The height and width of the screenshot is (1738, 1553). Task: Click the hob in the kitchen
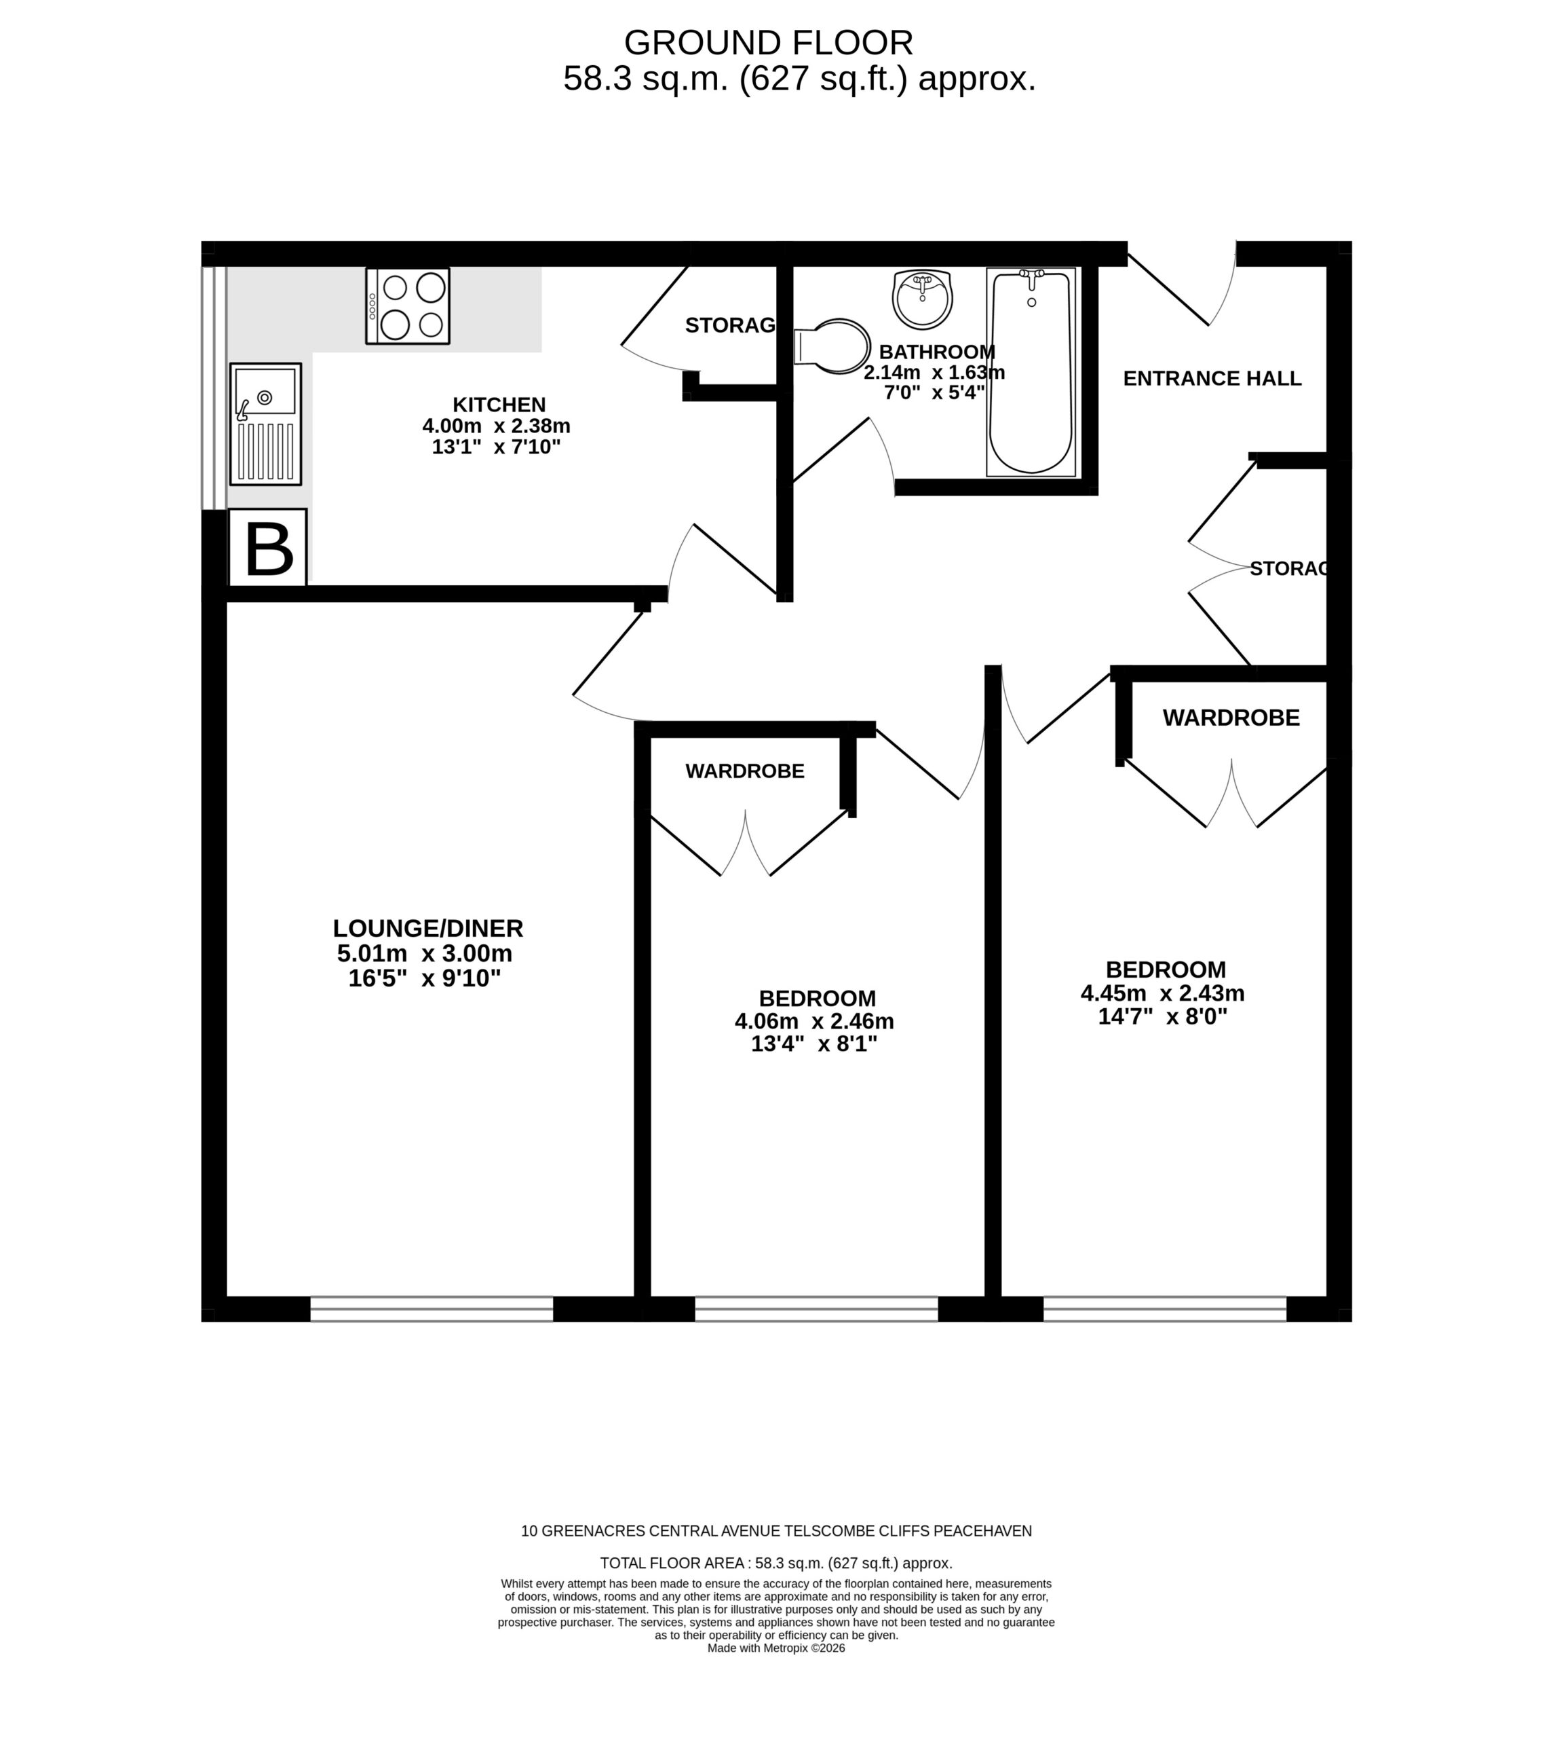click(408, 306)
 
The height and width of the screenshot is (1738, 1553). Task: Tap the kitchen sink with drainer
click(265, 424)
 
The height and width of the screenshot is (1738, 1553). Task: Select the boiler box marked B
click(268, 548)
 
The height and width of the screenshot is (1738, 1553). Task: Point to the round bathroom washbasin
click(923, 299)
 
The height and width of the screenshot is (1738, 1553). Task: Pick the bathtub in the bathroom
click(1031, 372)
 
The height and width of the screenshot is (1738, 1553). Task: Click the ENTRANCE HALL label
click(1212, 378)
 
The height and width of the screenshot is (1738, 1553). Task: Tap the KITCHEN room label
click(499, 405)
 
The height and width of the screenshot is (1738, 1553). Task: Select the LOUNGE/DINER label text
click(427, 928)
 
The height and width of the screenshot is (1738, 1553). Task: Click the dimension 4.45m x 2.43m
click(1162, 994)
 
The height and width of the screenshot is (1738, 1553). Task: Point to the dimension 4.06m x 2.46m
click(814, 1021)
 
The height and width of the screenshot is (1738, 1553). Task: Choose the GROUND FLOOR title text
click(769, 43)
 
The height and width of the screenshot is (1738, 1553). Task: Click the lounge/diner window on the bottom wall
click(432, 1309)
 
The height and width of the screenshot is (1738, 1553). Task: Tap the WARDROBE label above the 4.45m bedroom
click(1231, 718)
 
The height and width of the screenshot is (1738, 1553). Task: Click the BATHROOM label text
click(937, 352)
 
